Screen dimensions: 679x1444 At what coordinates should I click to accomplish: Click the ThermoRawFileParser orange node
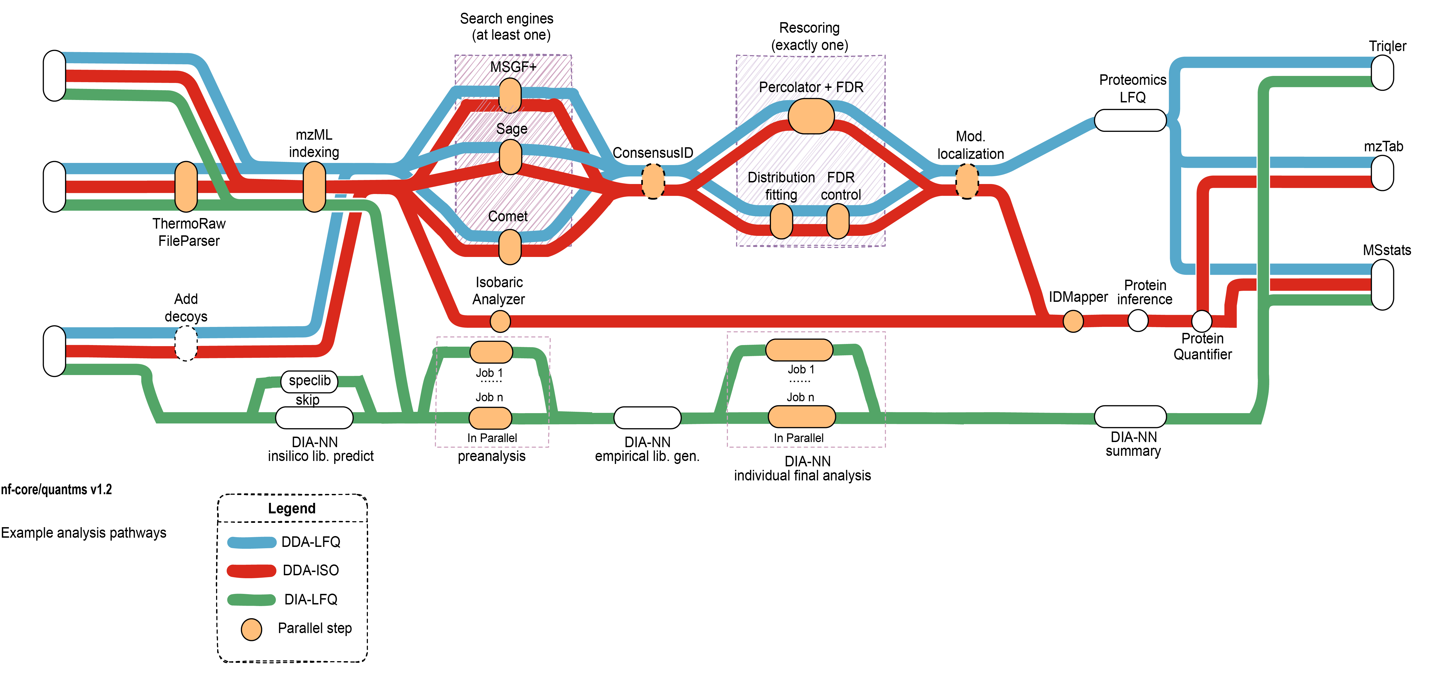(186, 187)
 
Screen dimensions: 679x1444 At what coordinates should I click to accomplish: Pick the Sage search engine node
(510, 157)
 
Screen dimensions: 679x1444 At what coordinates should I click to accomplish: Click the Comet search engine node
(510, 247)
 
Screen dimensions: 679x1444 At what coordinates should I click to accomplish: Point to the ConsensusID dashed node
(653, 181)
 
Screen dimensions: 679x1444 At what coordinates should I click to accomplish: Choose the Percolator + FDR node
(811, 116)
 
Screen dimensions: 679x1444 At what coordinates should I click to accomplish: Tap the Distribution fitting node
(781, 221)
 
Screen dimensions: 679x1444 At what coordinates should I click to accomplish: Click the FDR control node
(838, 221)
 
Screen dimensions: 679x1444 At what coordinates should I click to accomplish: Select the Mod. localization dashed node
(967, 181)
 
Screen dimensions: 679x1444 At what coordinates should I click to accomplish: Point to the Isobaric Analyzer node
(500, 321)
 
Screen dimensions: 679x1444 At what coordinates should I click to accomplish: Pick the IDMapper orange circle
(1073, 321)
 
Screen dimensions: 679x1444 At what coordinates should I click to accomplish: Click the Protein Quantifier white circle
(1201, 321)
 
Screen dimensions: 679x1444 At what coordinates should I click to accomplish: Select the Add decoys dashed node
(186, 343)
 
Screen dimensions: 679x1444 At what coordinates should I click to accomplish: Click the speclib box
(310, 381)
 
